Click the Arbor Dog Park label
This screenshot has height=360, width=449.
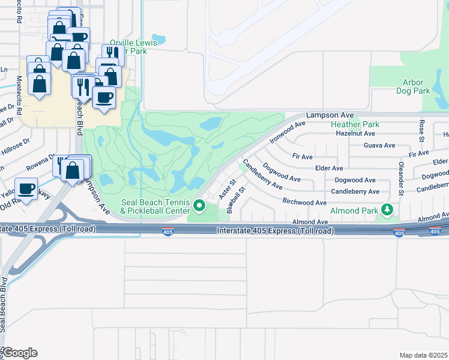(413, 86)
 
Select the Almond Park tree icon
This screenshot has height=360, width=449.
(388, 209)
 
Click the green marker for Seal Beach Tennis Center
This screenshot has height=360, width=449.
(199, 208)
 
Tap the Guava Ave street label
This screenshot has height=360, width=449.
(379, 145)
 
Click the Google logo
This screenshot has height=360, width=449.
(20, 352)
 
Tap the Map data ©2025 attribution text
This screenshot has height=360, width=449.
(423, 355)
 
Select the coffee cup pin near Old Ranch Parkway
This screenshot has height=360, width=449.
(26, 189)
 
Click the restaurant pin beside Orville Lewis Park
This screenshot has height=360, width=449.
(112, 55)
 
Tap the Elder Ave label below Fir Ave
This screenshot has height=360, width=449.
(329, 169)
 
